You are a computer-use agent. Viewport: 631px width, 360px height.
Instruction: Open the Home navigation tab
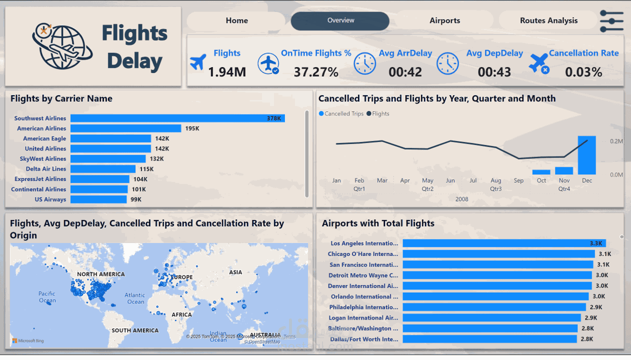coord(236,20)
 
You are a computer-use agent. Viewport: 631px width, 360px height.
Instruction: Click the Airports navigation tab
coord(444,20)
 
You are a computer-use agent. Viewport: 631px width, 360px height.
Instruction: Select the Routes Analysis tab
coord(548,20)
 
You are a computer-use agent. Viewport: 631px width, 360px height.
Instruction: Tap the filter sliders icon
coord(611,21)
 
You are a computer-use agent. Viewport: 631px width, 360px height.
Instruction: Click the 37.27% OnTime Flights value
coord(316,72)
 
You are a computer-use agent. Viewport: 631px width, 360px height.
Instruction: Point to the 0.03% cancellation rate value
coord(583,72)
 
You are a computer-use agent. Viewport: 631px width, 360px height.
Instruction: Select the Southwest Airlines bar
coord(177,118)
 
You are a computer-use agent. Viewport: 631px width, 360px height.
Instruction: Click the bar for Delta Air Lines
coord(103,169)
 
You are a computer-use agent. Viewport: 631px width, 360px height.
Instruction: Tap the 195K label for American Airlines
coord(192,128)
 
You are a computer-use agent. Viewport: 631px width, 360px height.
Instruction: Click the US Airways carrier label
coord(50,199)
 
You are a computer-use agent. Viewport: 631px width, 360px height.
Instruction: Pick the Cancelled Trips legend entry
coord(341,113)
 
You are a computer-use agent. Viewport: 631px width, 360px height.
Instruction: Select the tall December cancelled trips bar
coord(586,155)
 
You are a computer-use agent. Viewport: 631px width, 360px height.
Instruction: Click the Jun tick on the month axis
coord(450,180)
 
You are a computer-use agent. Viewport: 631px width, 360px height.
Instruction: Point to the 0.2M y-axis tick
coord(616,141)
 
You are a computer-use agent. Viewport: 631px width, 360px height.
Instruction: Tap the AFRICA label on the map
coord(181,314)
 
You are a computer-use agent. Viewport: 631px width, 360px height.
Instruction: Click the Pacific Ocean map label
coord(47,297)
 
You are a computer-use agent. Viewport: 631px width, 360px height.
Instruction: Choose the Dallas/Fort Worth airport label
coord(363,339)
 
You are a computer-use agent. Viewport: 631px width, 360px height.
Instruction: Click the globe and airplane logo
coord(61,46)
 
